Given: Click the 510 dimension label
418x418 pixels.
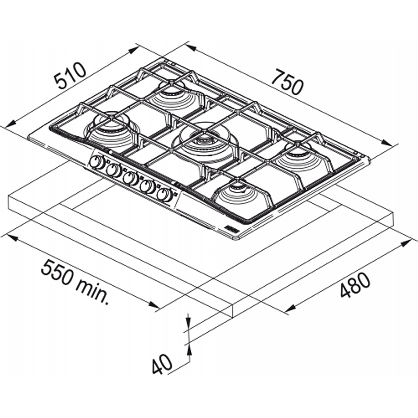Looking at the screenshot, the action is pos(70,75).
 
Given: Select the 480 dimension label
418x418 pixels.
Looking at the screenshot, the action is pos(355,285).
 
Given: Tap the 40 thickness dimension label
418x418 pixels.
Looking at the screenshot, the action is pos(162,364).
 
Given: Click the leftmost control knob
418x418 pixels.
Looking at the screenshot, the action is pos(97,162).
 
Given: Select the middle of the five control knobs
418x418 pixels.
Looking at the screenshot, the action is pos(130,178).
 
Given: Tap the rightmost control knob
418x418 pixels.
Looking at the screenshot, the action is pos(165,194).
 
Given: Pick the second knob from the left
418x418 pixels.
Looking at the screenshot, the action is pos(114,170).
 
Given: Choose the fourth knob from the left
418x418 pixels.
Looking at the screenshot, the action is pos(148,187).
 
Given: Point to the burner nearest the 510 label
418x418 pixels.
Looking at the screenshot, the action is pos(111,129).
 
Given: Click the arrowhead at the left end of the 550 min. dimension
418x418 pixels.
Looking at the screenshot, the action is pos(11,237).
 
